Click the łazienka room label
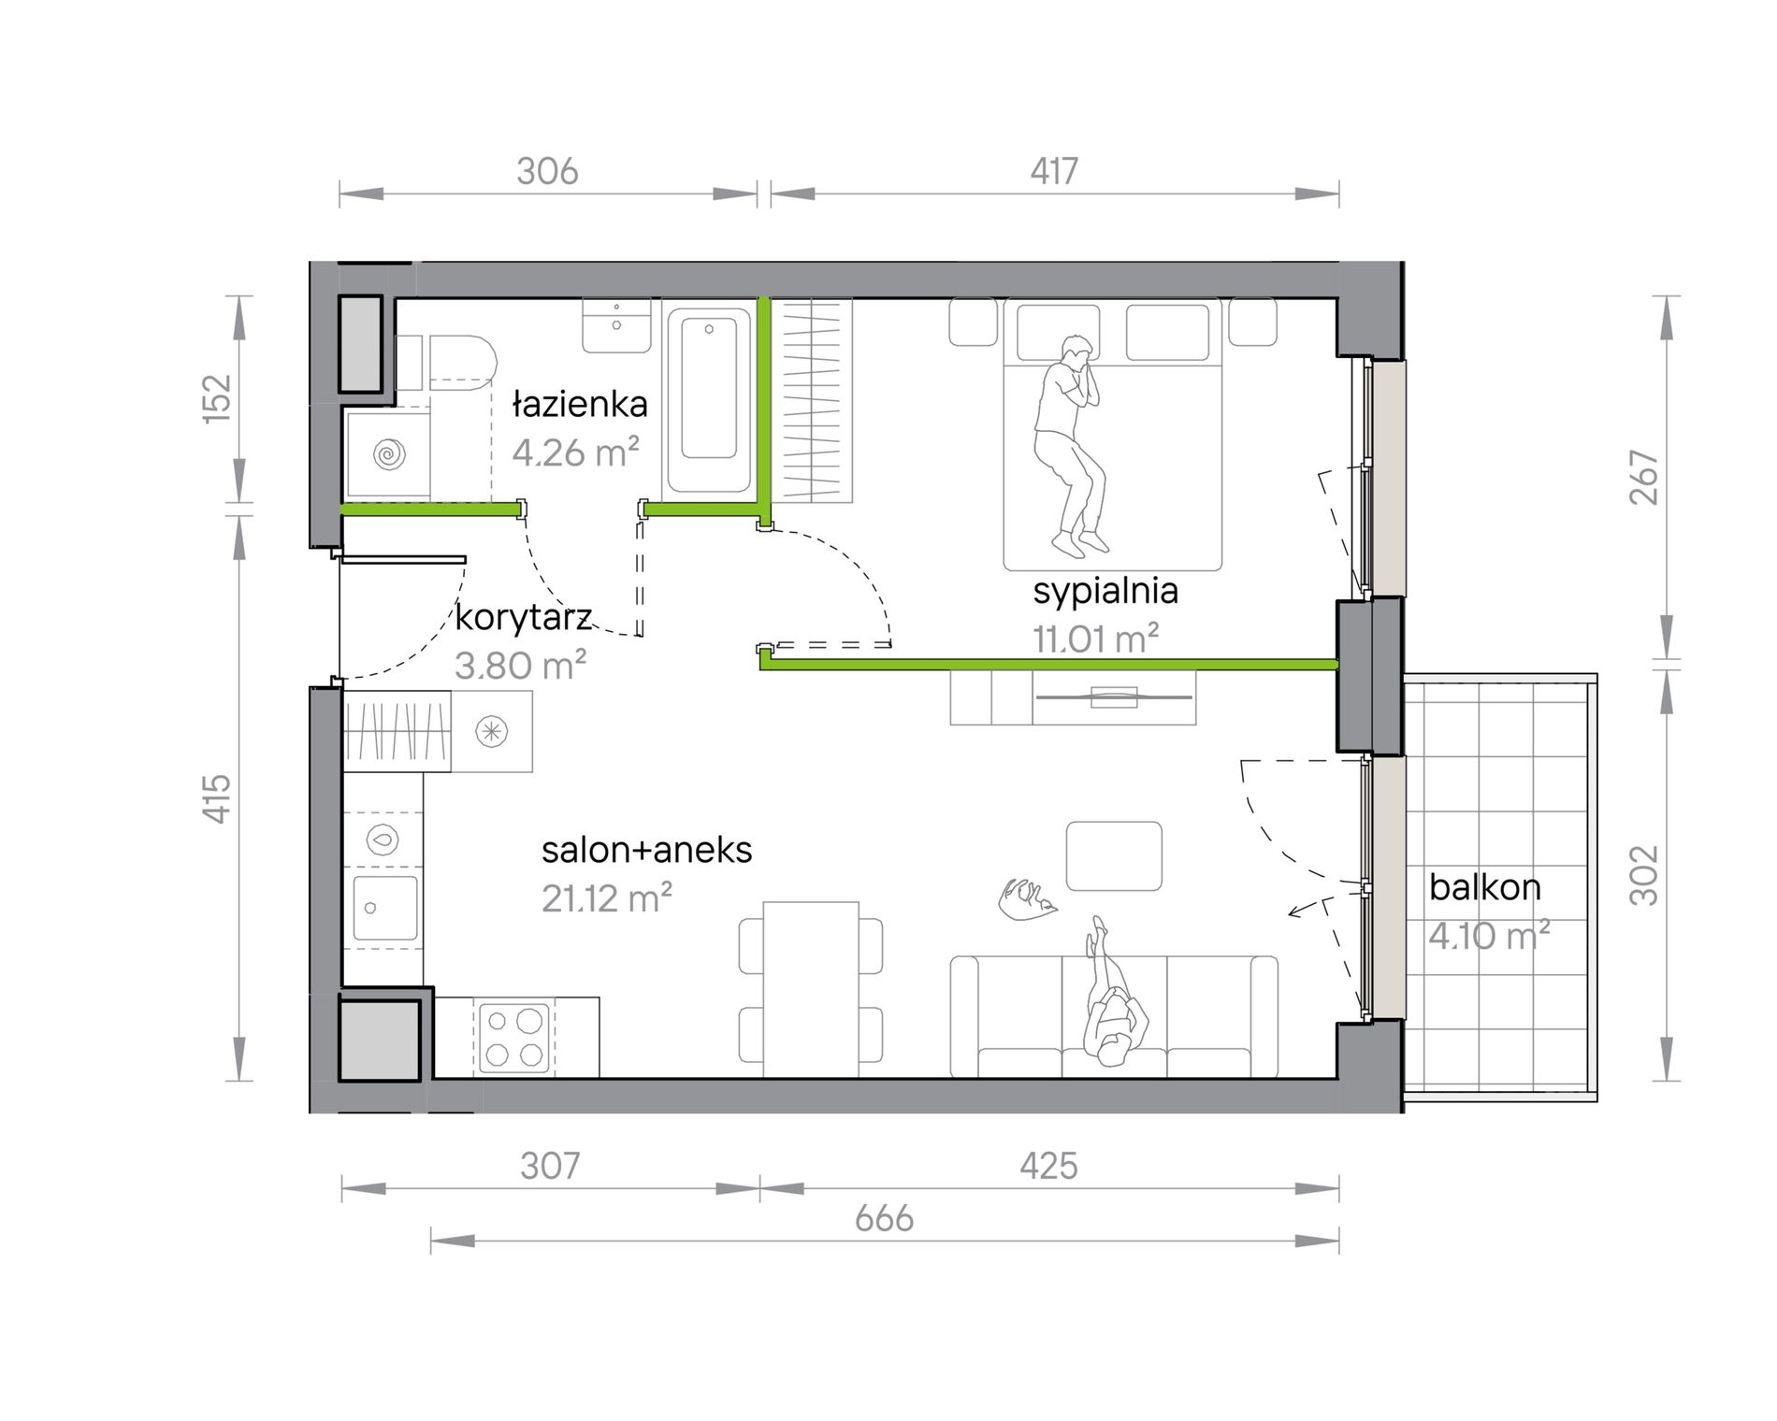580,405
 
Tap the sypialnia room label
1105,592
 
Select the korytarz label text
524,618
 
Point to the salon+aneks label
647,850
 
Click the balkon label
1485,887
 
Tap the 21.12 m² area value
607,898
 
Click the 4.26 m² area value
576,452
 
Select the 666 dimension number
884,1218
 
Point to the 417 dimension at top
1054,171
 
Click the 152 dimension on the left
216,398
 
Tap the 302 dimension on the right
1643,876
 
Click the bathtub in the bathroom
709,399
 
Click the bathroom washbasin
616,325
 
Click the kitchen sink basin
385,908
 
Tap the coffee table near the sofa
1115,856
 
